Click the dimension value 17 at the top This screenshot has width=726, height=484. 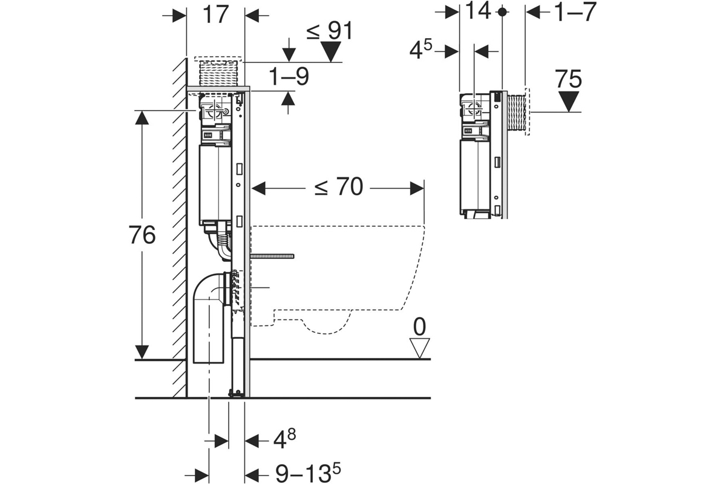click(216, 15)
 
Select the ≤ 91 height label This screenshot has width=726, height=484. click(330, 31)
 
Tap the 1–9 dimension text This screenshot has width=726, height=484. click(289, 77)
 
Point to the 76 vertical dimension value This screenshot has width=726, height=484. click(142, 235)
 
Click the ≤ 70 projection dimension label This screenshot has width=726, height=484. click(339, 186)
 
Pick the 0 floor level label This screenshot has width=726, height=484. click(419, 327)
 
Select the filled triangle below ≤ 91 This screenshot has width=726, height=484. click(330, 51)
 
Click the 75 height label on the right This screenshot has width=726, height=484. click(569, 79)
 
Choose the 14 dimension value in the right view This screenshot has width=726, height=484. click(478, 11)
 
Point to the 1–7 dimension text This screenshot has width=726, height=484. click(575, 12)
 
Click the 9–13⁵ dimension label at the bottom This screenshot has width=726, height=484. click(308, 473)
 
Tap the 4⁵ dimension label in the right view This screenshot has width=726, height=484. click(420, 50)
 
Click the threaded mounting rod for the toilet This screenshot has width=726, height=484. click(272, 256)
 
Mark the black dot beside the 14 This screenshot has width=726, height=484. click(502, 12)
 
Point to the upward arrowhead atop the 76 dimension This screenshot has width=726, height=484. click(142, 118)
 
